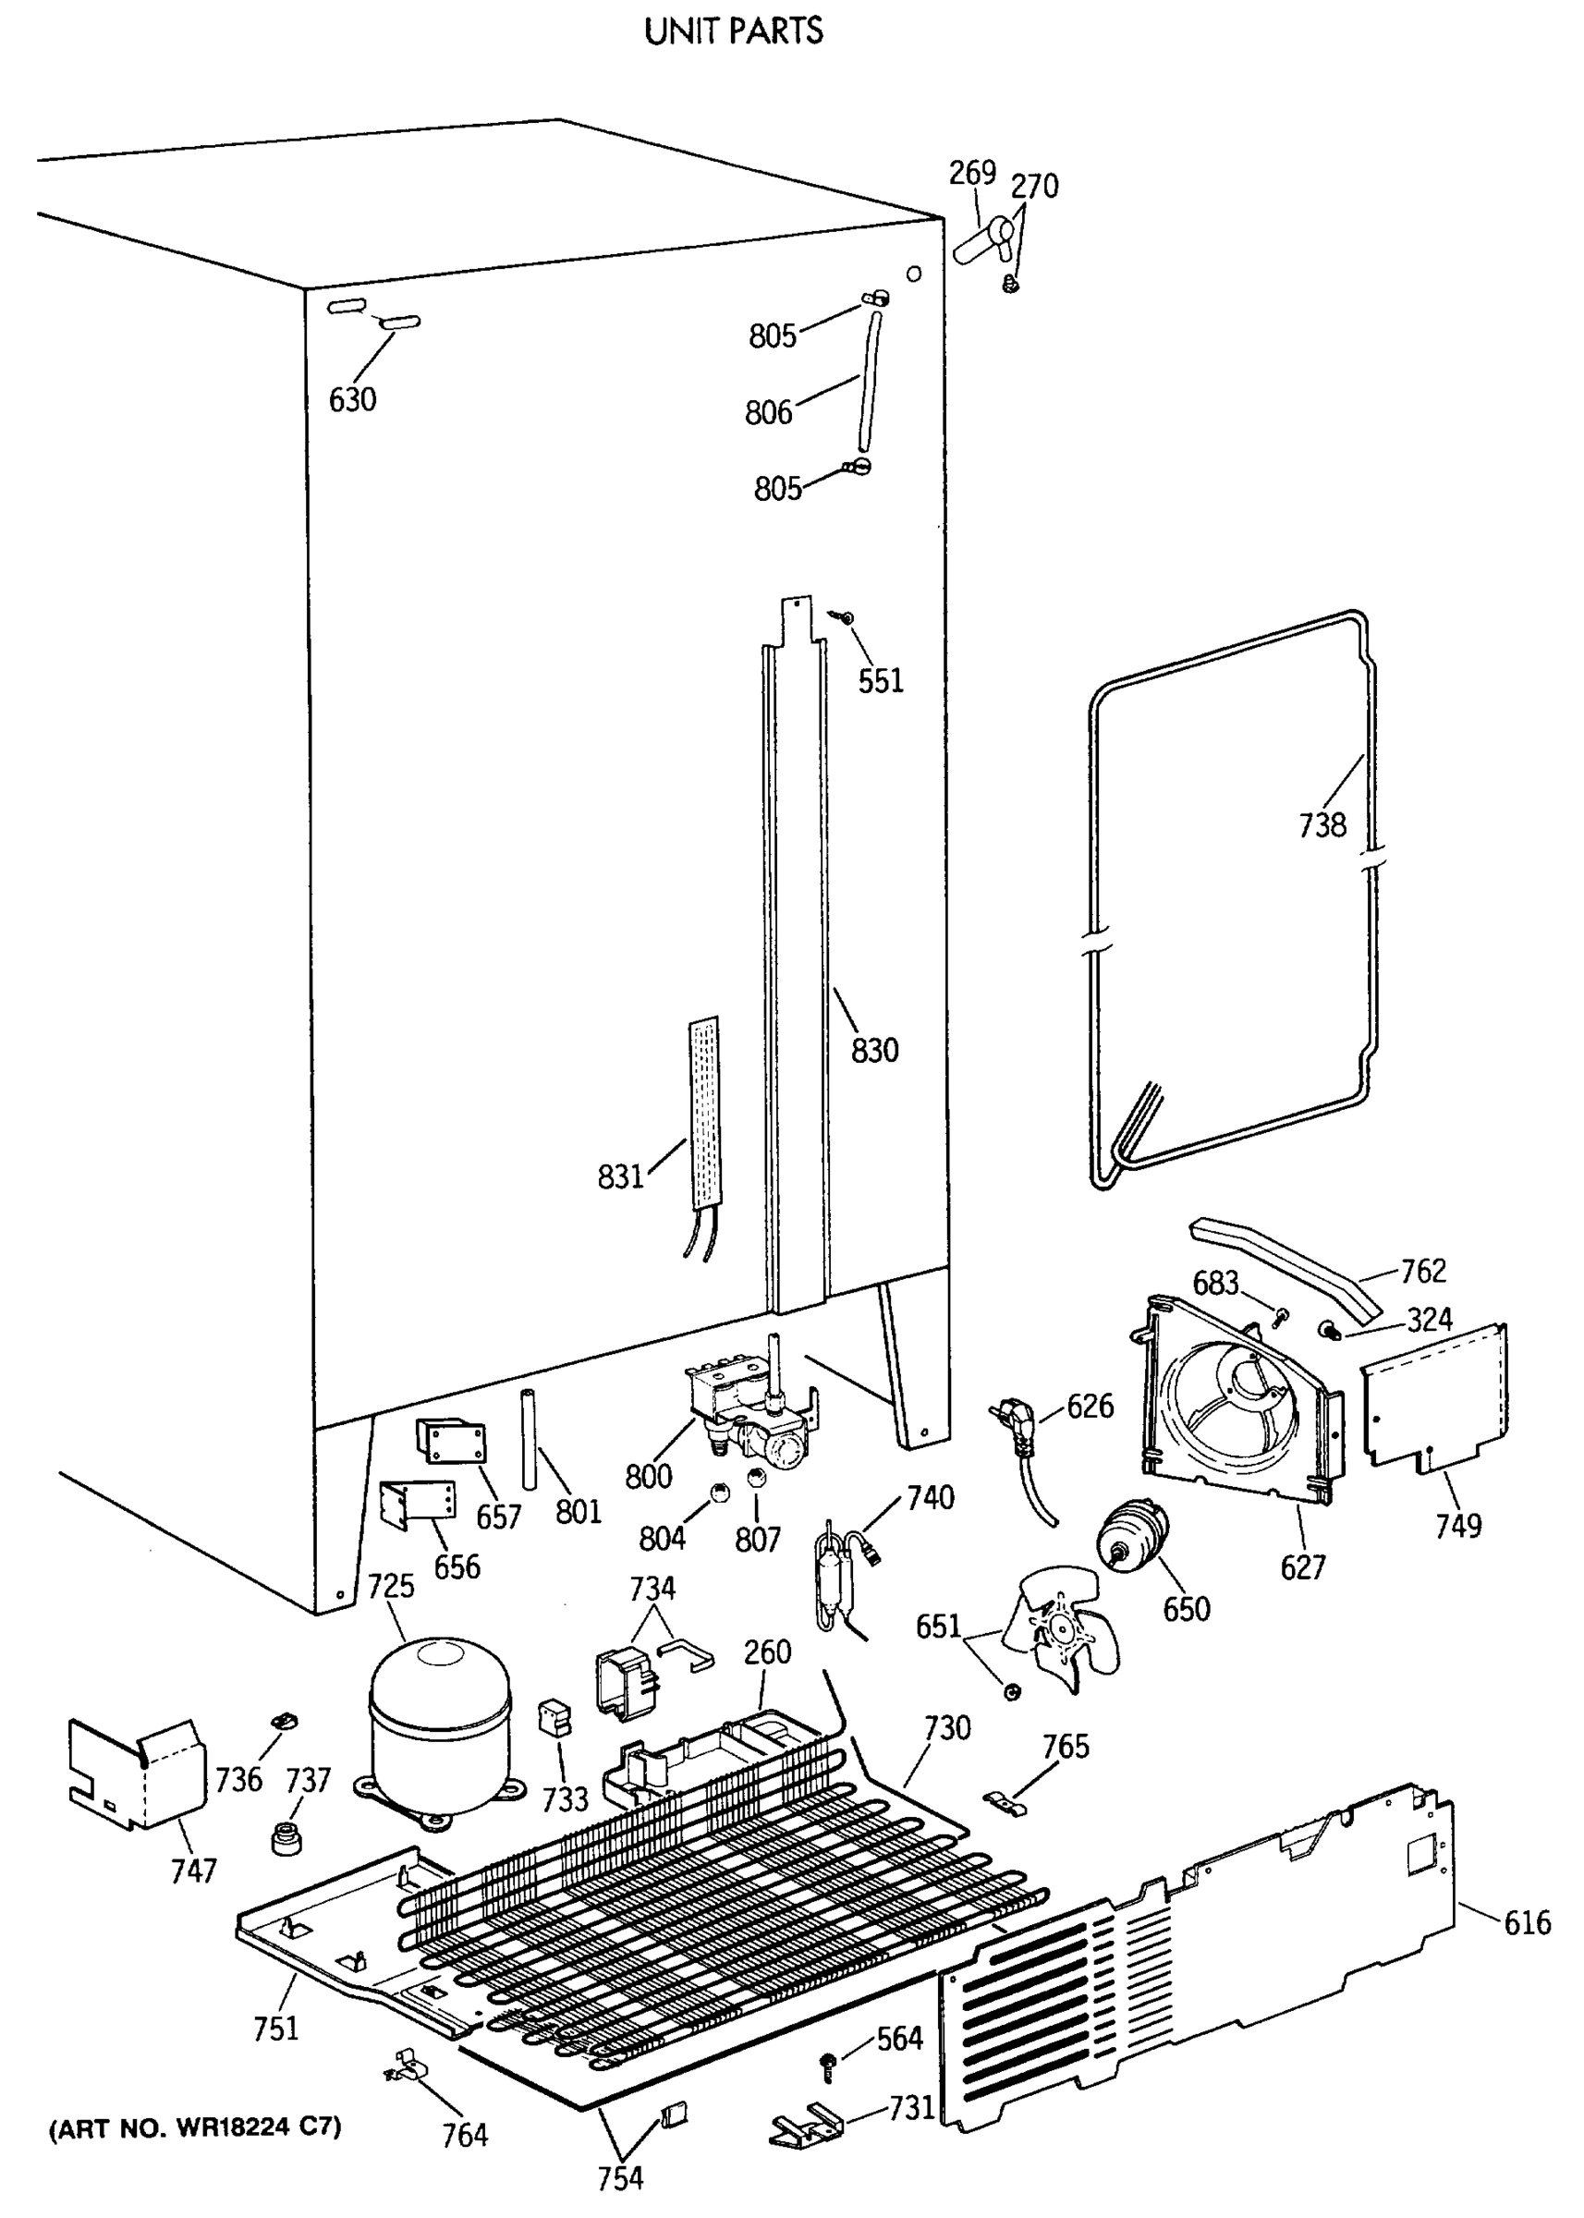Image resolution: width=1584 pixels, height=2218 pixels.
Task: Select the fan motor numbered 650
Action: click(x=1133, y=1538)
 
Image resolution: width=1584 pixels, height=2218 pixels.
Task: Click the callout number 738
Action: click(x=1322, y=825)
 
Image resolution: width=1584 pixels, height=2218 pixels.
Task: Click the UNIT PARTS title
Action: click(x=734, y=31)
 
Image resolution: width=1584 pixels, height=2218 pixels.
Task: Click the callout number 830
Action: click(x=874, y=1051)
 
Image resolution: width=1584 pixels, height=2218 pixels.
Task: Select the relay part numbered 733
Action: click(x=553, y=1715)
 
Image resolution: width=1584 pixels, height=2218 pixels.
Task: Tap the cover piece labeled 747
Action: click(x=137, y=1770)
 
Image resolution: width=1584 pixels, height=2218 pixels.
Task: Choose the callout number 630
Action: click(x=352, y=399)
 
